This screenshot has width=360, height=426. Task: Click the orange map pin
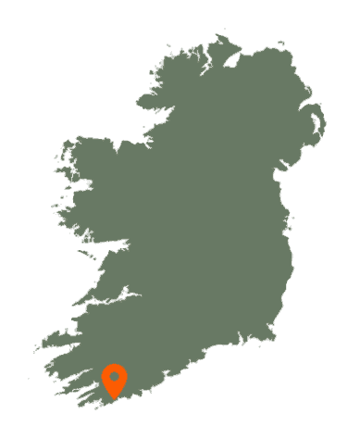coord(114,380)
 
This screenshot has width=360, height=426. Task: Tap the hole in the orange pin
coord(114,377)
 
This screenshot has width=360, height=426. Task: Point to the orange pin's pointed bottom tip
coord(114,398)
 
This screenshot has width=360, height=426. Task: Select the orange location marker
coord(114,380)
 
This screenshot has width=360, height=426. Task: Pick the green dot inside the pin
coord(114,377)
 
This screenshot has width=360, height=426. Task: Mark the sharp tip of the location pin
coord(114,398)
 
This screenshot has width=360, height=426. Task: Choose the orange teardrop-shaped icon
coord(114,380)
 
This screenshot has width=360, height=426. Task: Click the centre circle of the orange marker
coord(114,377)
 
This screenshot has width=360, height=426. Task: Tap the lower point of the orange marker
coord(114,398)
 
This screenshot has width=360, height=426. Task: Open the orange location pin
coord(114,380)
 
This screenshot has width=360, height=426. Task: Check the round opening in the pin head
coord(114,377)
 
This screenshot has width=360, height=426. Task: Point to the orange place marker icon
coord(114,380)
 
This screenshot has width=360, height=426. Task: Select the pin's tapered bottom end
coord(114,398)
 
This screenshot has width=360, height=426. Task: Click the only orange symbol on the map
coord(114,380)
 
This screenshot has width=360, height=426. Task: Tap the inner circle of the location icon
coord(114,377)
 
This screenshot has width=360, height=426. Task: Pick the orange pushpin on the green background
coord(114,380)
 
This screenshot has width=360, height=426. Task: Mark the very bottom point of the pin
coord(114,398)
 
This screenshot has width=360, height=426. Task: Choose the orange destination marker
coord(114,380)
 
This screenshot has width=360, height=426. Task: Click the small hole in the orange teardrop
coord(114,377)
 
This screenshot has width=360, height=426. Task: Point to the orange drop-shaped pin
coord(114,380)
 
